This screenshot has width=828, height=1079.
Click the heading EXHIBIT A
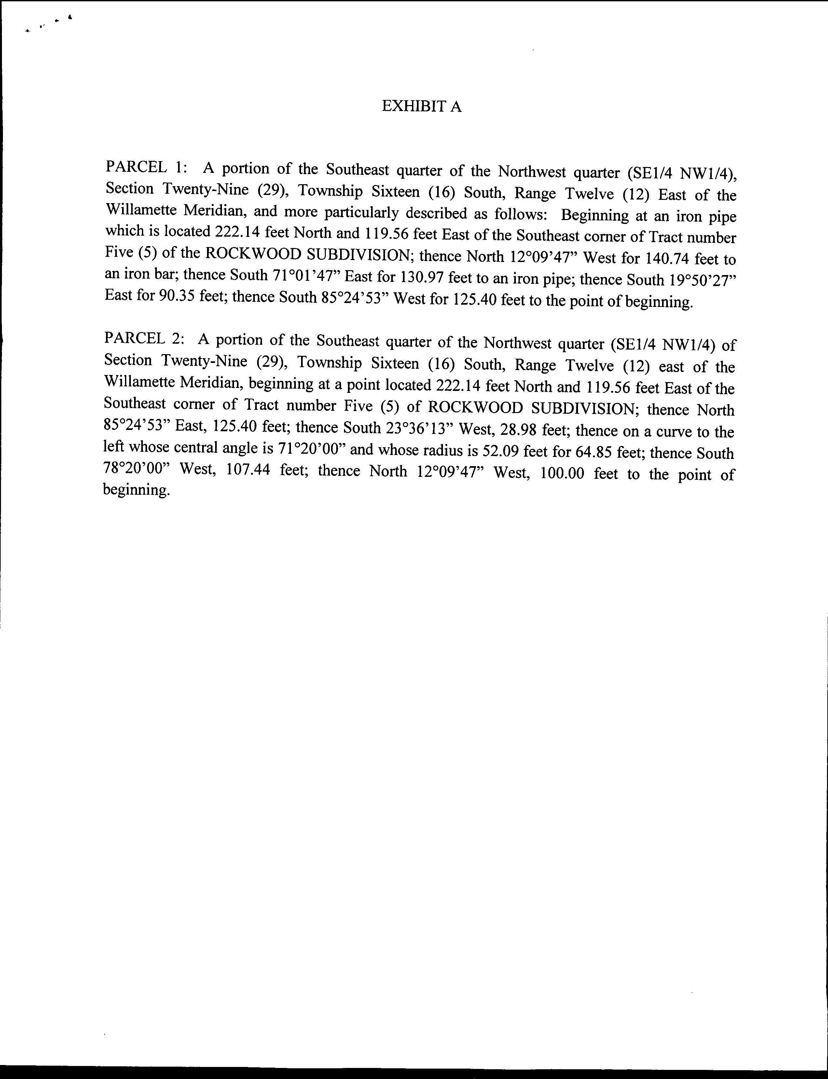pos(421,106)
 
